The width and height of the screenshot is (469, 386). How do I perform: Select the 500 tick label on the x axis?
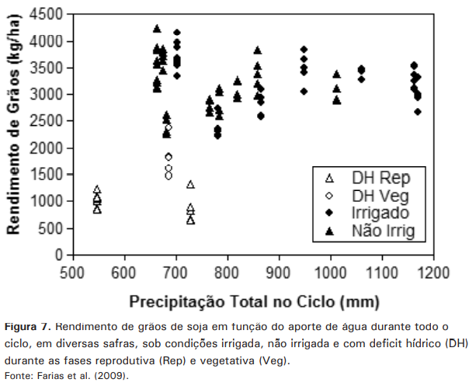tap(73, 273)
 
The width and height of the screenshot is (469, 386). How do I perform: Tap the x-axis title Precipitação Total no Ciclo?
tap(252, 300)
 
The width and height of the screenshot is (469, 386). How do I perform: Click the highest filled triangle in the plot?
tap(157, 29)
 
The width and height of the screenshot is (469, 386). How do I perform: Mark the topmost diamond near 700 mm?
tap(177, 33)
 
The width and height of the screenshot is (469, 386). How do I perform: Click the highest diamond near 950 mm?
tap(304, 50)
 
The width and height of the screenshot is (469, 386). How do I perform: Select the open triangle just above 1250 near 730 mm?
tap(190, 185)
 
